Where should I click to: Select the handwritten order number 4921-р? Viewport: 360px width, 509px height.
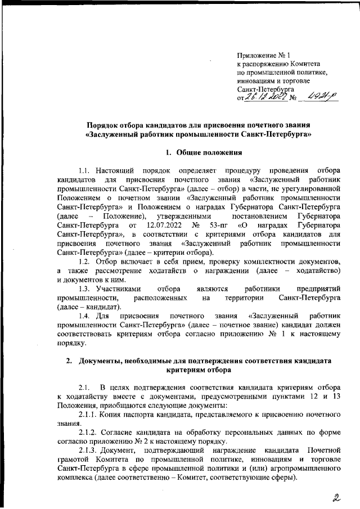[x=318, y=97]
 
